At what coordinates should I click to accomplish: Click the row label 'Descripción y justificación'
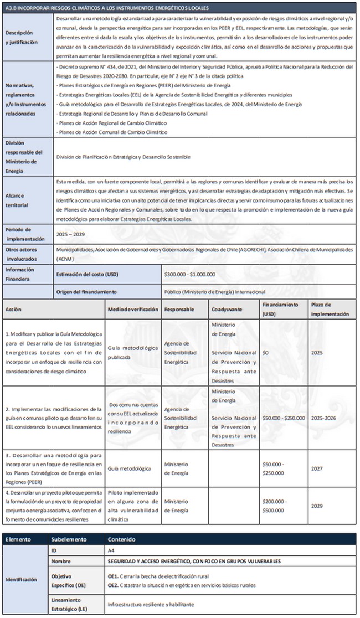pos(19,37)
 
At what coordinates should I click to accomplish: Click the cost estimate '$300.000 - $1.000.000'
pos(190,275)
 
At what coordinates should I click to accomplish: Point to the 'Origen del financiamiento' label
pos(86,291)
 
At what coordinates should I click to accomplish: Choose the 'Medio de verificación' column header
pos(133,309)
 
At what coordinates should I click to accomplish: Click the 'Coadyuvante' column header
pos(227,309)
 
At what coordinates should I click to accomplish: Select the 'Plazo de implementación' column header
pos(330,309)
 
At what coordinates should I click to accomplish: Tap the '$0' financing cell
pos(265,352)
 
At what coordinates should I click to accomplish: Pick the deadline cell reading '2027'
pos(317,468)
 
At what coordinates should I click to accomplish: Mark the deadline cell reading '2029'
pos(317,506)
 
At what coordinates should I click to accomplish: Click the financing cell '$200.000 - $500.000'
pos(274,506)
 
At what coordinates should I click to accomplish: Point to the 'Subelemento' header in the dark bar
pos(69,539)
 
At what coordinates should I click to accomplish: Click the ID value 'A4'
pos(112,551)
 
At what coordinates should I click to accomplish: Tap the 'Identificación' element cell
pos(22,580)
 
